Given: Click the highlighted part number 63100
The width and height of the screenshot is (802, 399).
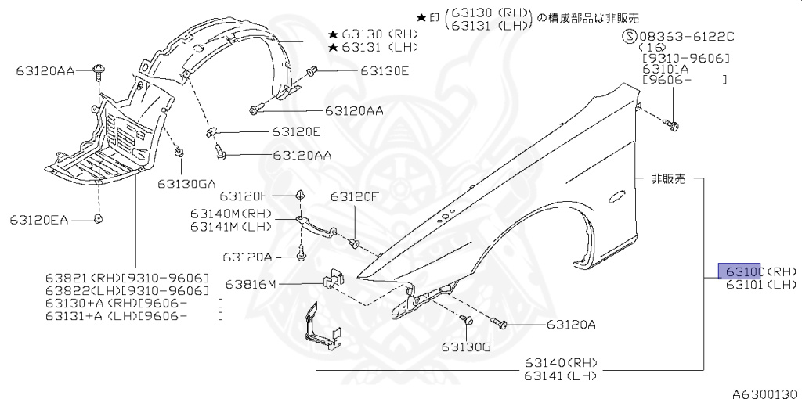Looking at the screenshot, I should click(742, 271).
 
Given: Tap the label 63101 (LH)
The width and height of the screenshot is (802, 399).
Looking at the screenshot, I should click(760, 286).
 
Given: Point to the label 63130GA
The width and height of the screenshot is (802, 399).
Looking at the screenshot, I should click(186, 184).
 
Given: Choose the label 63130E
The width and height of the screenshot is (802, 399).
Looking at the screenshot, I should click(385, 71).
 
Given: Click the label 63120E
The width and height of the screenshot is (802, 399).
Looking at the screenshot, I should click(296, 131).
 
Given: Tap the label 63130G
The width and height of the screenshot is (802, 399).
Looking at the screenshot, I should click(465, 347).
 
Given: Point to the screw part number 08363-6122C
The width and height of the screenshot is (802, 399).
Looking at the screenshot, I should click(687, 36).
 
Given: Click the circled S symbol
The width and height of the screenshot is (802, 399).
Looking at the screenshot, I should click(628, 36).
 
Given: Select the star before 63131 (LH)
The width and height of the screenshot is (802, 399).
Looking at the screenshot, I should click(333, 49).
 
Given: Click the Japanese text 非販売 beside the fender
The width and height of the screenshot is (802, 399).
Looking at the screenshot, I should click(668, 179).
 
